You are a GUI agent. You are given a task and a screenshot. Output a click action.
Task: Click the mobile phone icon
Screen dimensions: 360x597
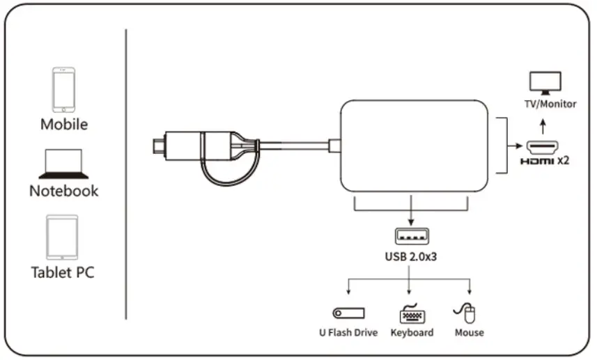tap(63, 89)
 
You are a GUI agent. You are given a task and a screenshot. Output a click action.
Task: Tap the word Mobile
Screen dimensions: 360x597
tap(63, 125)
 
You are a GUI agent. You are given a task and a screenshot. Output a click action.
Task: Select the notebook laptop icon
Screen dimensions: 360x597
tap(63, 164)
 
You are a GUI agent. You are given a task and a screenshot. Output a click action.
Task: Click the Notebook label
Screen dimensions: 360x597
tap(63, 191)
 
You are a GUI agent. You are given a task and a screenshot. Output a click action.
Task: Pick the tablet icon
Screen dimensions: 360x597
tap(63, 237)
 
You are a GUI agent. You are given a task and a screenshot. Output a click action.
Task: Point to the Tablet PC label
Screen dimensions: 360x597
tap(63, 272)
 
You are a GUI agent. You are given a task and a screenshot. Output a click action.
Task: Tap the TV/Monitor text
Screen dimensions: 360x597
tap(550, 104)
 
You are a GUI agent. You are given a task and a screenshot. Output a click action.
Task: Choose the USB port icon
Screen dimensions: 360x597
tap(410, 235)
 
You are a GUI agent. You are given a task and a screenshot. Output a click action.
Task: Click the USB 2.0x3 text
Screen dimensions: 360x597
tap(411, 256)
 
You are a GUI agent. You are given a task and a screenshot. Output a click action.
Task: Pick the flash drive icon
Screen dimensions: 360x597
tap(348, 313)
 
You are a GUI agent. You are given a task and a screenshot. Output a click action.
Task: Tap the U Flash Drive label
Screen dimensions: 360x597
tap(348, 333)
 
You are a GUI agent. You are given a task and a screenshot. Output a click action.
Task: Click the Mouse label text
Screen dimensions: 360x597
tap(469, 333)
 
